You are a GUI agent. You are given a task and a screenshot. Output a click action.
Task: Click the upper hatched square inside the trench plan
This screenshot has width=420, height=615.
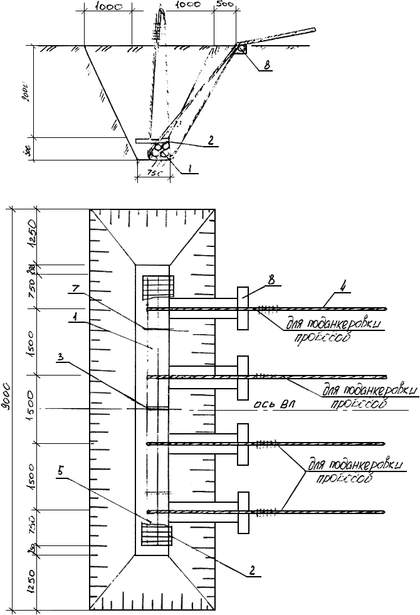coord(157,288)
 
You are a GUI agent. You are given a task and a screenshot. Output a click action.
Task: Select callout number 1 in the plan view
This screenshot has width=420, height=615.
coord(74,317)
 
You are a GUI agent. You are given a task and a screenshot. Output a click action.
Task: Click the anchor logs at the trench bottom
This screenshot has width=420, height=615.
coord(160,149)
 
